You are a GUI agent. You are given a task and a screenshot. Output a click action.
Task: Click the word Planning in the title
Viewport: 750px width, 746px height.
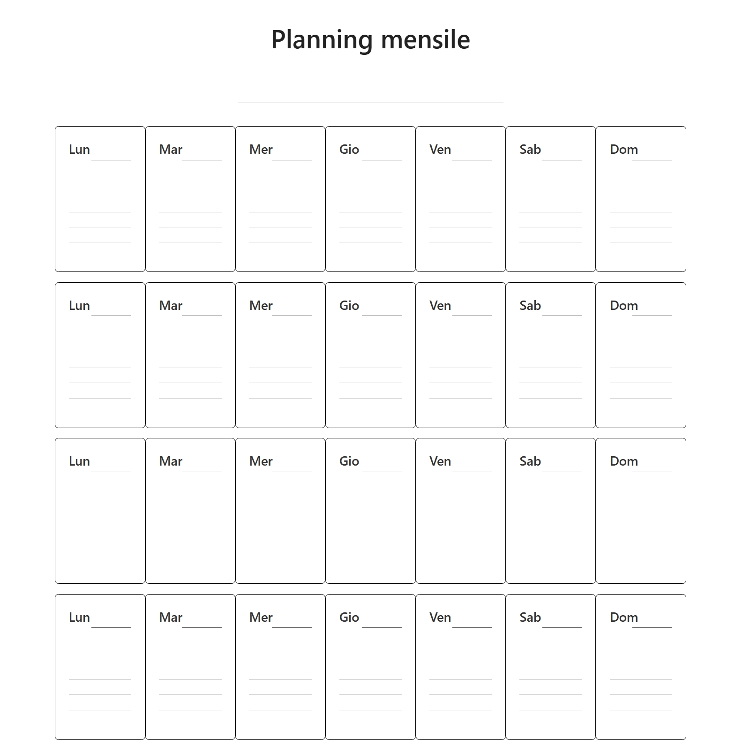322,40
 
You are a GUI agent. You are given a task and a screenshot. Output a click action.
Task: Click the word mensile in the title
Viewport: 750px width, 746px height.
425,40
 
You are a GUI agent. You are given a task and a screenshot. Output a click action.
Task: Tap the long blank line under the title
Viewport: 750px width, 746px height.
370,102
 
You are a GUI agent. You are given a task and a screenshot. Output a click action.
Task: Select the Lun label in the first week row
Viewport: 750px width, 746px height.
79,150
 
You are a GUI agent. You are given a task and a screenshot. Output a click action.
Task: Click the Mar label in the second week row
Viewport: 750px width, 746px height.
171,306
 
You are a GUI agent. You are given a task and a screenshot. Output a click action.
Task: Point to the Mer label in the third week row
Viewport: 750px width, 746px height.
261,461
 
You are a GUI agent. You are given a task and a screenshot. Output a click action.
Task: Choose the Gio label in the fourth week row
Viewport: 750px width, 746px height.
349,618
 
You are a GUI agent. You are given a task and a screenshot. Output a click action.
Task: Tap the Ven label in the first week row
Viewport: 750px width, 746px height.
440,150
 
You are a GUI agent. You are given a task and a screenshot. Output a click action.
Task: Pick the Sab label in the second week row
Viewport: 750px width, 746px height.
530,306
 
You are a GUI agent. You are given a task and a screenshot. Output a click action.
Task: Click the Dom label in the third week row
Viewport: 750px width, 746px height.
623,461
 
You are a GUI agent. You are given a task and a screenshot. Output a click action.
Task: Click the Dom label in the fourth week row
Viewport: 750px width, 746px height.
623,618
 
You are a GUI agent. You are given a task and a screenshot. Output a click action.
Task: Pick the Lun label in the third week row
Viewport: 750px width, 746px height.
79,461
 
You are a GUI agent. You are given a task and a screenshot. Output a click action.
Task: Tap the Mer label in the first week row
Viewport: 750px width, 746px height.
261,150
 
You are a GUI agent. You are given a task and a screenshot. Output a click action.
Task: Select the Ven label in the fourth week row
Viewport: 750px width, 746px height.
440,618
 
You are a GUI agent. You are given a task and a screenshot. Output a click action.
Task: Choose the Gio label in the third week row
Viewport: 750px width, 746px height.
349,461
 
